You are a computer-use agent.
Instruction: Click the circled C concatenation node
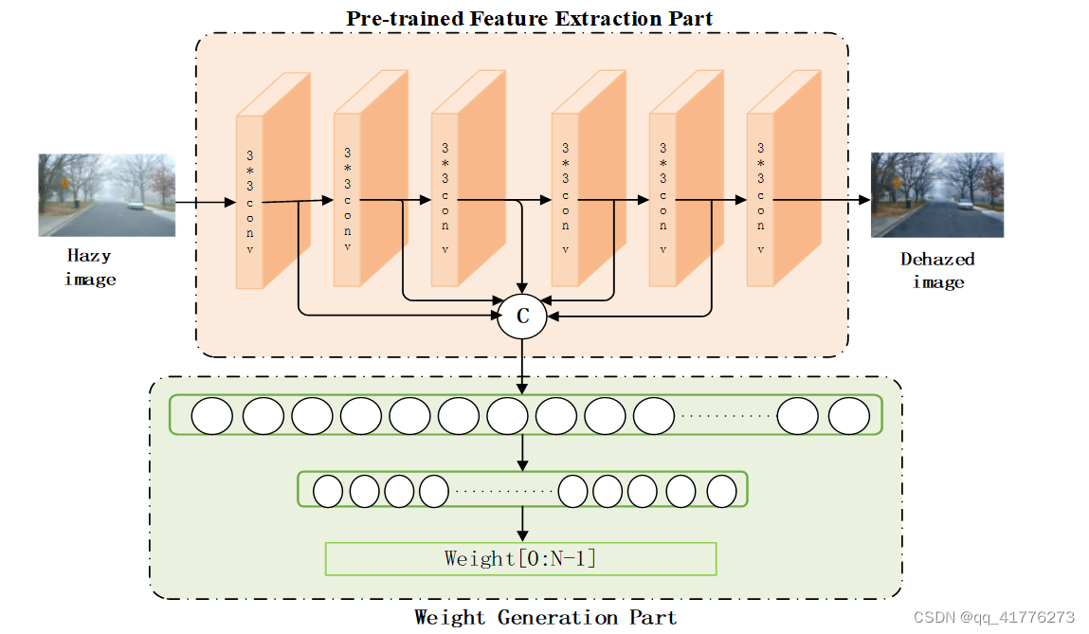[x=522, y=317]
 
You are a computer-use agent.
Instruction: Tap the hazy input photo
[x=106, y=195]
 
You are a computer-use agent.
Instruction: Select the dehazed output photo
[x=936, y=195]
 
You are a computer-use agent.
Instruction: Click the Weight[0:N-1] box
[x=520, y=558]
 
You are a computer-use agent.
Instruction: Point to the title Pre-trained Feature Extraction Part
[x=529, y=18]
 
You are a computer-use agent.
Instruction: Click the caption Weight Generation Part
[x=545, y=618]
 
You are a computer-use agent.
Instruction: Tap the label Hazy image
[x=90, y=267]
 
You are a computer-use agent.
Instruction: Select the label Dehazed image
[x=937, y=270]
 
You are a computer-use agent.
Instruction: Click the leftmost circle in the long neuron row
[x=212, y=416]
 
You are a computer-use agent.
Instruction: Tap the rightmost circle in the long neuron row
[x=848, y=416]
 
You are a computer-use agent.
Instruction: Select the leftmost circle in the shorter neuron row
[x=328, y=491]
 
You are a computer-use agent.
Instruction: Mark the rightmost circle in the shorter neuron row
[x=721, y=491]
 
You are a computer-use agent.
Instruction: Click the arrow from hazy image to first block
[x=205, y=202]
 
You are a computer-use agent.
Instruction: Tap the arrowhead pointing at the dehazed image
[x=863, y=200]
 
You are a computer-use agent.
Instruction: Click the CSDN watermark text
[x=993, y=617]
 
